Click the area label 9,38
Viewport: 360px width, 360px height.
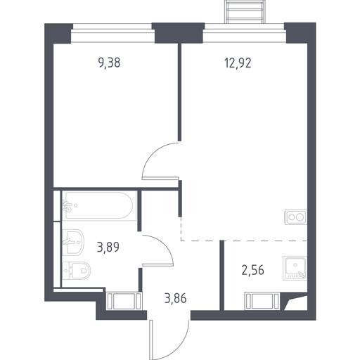tap(109, 63)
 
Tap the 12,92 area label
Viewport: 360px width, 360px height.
tap(238, 63)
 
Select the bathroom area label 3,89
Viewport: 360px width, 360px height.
tap(108, 247)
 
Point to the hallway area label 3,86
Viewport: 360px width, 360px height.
tap(176, 299)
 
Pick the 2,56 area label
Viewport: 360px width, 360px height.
tap(253, 270)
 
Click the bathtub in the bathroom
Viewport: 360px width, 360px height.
tap(99, 205)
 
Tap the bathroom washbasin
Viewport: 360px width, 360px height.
tap(73, 241)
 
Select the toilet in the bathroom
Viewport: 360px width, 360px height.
tap(77, 271)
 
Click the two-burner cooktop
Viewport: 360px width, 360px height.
tap(296, 217)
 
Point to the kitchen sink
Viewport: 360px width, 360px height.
tap(295, 268)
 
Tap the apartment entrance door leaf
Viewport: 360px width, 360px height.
tap(151, 340)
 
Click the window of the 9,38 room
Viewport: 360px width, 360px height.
tap(112, 32)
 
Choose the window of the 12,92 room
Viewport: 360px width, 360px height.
tap(245, 32)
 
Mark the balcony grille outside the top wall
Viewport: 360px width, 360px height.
tap(245, 11)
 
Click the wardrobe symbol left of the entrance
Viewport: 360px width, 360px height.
tap(124, 301)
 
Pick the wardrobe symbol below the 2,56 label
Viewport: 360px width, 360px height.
tap(262, 301)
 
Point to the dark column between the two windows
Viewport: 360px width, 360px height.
tap(179, 33)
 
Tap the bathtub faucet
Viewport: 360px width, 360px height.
tap(67, 206)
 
